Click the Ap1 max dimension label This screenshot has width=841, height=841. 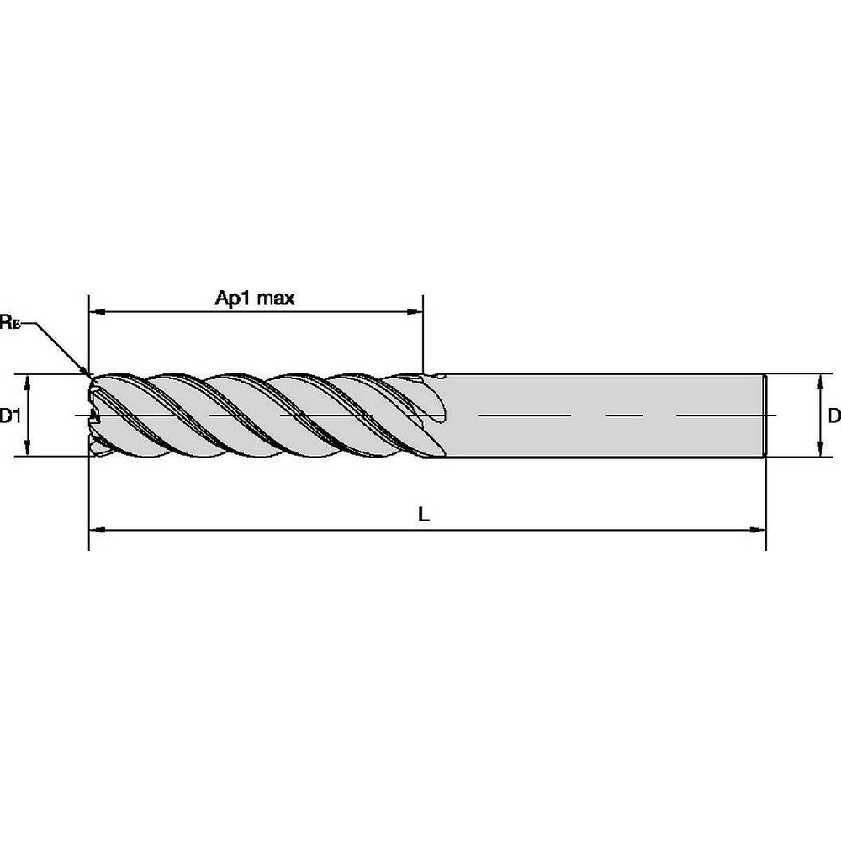click(255, 298)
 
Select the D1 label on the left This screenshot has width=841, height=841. click(9, 415)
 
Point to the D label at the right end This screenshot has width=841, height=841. click(833, 415)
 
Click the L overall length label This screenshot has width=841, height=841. click(425, 516)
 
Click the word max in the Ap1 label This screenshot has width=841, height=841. click(276, 298)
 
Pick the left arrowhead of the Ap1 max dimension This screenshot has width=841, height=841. click(97, 312)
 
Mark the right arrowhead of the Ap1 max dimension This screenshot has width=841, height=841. click(415, 312)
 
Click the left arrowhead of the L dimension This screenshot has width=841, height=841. click(97, 530)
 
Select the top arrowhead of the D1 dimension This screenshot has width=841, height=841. click(29, 381)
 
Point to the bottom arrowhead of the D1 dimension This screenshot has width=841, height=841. click(29, 449)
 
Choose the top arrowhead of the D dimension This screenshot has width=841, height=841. click(820, 380)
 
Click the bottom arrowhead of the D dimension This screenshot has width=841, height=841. click(820, 451)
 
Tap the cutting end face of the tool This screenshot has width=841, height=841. click(94, 415)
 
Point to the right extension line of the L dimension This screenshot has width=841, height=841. click(765, 505)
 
